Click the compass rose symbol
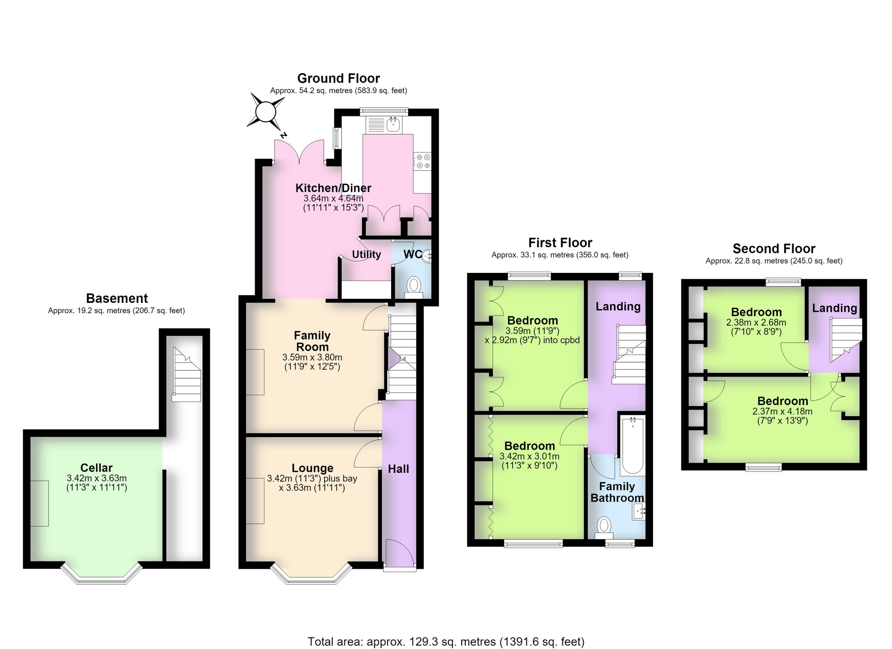click(267, 112)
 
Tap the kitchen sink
click(384, 124)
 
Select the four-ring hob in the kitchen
click(422, 161)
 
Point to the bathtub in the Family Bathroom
click(632, 445)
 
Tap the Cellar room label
click(96, 467)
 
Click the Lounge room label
click(312, 468)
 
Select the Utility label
click(367, 254)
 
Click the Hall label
click(398, 469)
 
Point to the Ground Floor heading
click(339, 79)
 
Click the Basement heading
click(117, 298)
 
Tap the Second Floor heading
click(774, 248)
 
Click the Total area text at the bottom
click(446, 641)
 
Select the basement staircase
click(186, 375)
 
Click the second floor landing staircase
click(846, 340)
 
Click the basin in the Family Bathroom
click(639, 512)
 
